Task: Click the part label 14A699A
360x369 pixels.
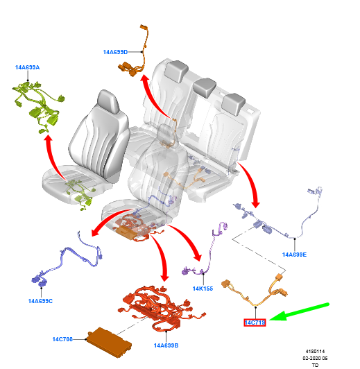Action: (x=27, y=67)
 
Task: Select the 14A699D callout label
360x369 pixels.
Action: (x=115, y=52)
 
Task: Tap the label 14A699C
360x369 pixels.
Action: (x=40, y=301)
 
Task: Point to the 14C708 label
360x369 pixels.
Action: (x=62, y=339)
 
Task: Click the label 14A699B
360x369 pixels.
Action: (x=166, y=345)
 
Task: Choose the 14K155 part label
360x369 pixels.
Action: (x=203, y=289)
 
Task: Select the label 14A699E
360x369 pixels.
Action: (x=294, y=255)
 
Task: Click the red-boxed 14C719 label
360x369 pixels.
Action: (x=255, y=323)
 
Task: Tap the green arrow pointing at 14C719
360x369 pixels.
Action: (x=299, y=312)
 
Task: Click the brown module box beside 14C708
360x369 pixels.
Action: (x=109, y=343)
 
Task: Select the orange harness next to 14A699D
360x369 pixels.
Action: (x=135, y=52)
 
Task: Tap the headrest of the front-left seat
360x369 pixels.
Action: (x=108, y=102)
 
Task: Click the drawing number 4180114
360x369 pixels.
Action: (x=315, y=352)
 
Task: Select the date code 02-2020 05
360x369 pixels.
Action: (x=315, y=358)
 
